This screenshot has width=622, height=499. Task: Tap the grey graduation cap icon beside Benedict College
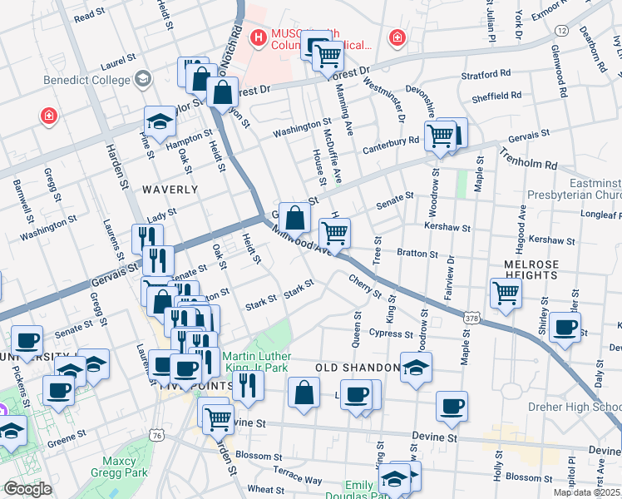[142, 80]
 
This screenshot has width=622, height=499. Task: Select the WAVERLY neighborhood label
[170, 190]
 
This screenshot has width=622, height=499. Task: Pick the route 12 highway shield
[562, 31]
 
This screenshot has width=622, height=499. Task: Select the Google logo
[27, 489]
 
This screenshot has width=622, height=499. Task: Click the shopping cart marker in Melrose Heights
[506, 293]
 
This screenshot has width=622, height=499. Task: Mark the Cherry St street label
[365, 288]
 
